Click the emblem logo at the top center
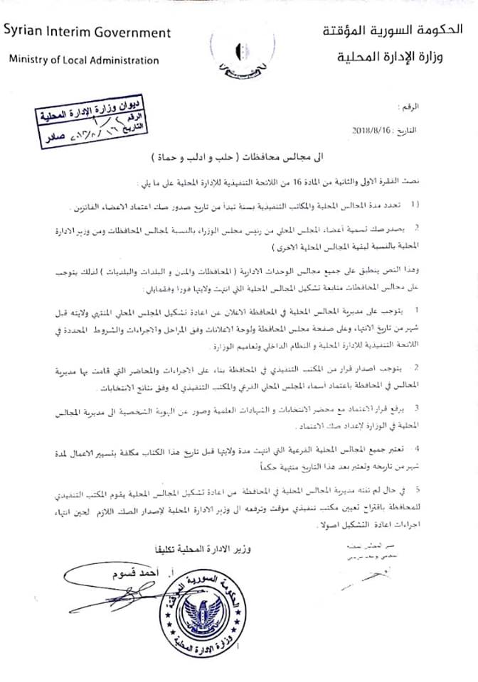[240, 53]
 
